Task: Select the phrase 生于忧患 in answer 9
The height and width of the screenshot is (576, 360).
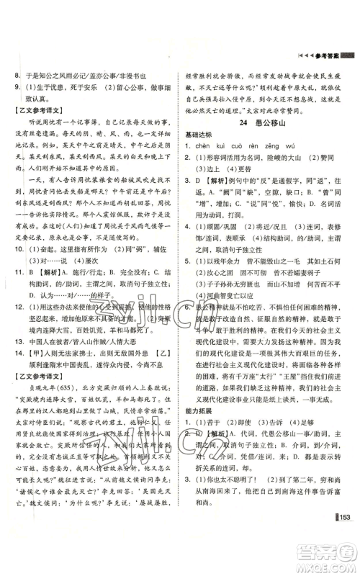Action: (x=68, y=86)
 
